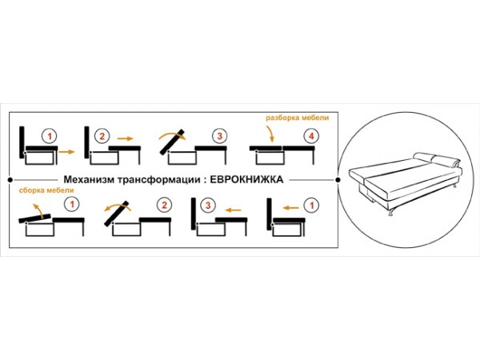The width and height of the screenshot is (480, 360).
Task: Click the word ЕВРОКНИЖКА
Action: pyautogui.click(x=246, y=179)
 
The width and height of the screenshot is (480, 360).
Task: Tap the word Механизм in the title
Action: pyautogui.click(x=89, y=179)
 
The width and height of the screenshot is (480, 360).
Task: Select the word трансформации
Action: pyautogui.click(x=159, y=180)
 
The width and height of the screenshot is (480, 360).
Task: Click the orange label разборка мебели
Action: pyautogui.click(x=298, y=118)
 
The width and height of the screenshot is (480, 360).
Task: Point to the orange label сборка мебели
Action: pyautogui.click(x=46, y=190)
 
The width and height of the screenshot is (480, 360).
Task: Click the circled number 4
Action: pyautogui.click(x=311, y=136)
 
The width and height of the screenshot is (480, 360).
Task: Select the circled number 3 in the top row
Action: pyautogui.click(x=219, y=136)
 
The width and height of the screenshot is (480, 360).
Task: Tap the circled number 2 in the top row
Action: pyautogui.click(x=102, y=136)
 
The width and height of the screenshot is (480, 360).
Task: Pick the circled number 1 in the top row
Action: pyautogui.click(x=50, y=136)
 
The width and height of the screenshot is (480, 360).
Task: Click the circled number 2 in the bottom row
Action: pyautogui.click(x=164, y=205)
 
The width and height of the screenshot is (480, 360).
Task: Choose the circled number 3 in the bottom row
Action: pyautogui.click(x=208, y=205)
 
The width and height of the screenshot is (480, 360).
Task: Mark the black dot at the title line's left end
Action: pyautogui.click(x=10, y=180)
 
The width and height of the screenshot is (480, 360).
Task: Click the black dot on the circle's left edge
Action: pyautogui.click(x=338, y=180)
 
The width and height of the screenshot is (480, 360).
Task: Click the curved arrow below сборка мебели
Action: pyautogui.click(x=38, y=209)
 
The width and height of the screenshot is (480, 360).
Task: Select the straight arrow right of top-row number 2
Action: pyautogui.click(x=126, y=138)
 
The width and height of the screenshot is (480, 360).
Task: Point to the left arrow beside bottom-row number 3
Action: pyautogui.click(x=233, y=210)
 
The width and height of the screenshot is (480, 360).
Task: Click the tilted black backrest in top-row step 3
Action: pyautogui.click(x=172, y=142)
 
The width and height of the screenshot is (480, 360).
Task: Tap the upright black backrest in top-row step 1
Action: pyautogui.click(x=22, y=142)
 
